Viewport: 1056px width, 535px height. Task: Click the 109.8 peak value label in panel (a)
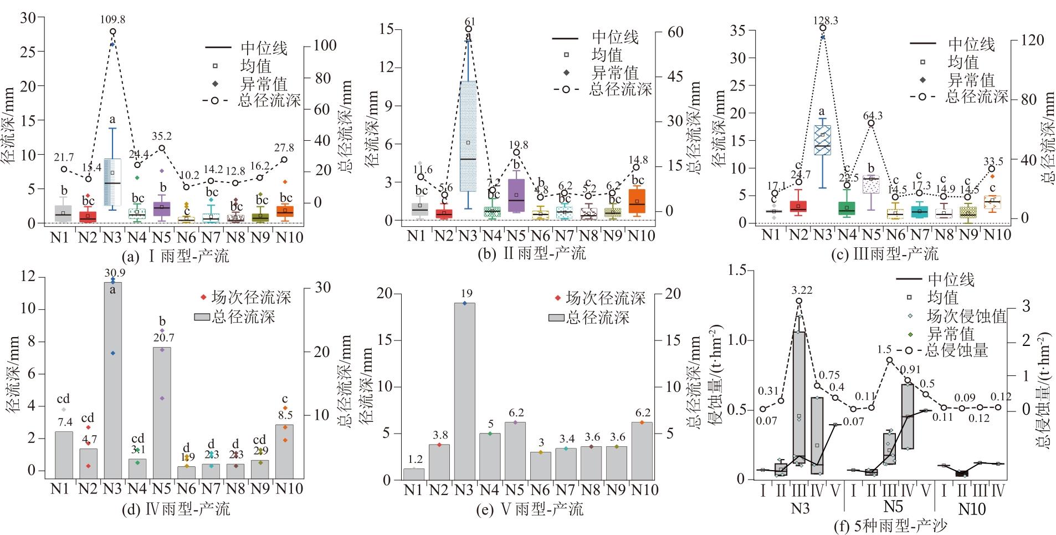[112, 19]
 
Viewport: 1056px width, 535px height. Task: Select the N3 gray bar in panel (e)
[464, 391]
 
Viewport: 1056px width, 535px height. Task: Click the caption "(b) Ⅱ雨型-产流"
[530, 253]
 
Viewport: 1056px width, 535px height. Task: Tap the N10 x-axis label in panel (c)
[997, 235]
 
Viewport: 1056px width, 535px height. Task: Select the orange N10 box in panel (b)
[637, 201]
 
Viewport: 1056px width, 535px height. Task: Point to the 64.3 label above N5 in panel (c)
[871, 115]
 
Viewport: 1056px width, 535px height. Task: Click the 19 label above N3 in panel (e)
[464, 294]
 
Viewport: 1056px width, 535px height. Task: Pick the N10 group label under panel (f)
[972, 508]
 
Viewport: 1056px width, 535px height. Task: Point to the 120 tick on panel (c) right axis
[1032, 40]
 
